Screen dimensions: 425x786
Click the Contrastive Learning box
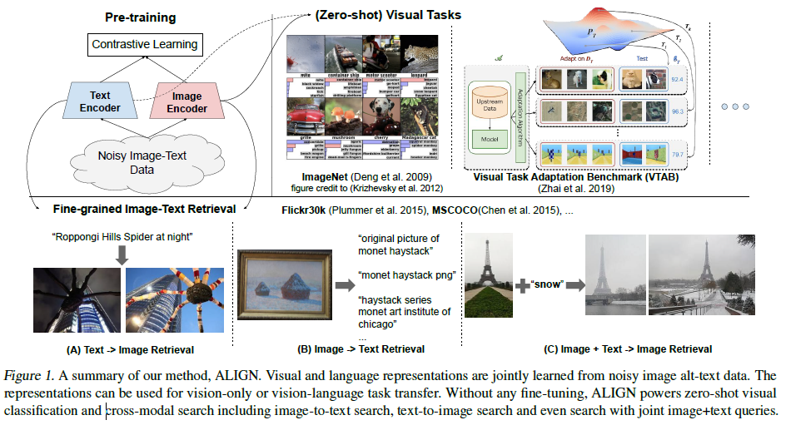145,44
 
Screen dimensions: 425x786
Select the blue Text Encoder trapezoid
100,101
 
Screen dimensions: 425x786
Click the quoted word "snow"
548,284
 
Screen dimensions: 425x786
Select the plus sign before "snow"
522,285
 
